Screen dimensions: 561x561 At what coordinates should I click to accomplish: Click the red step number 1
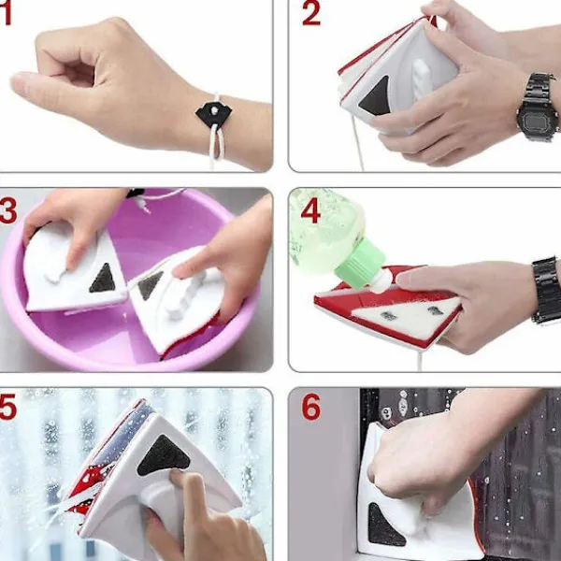click(x=6, y=14)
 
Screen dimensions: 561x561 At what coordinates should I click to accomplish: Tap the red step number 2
click(x=311, y=14)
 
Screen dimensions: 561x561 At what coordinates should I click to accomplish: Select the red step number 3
click(x=7, y=211)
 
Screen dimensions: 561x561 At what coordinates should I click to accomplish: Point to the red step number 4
click(x=310, y=210)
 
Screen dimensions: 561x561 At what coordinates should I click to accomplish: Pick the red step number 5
click(x=7, y=407)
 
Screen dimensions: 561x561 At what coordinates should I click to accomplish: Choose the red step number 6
click(x=311, y=407)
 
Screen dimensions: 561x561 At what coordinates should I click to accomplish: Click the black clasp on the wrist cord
click(x=213, y=113)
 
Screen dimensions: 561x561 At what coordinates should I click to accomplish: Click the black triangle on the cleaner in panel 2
click(x=375, y=97)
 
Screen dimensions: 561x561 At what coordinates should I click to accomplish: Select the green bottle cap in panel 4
click(x=361, y=261)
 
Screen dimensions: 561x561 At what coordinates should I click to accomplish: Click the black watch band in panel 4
click(x=547, y=291)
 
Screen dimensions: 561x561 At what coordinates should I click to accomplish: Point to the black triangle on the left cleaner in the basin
click(x=103, y=279)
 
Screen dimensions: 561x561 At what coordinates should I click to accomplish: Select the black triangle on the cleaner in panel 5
click(x=162, y=455)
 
